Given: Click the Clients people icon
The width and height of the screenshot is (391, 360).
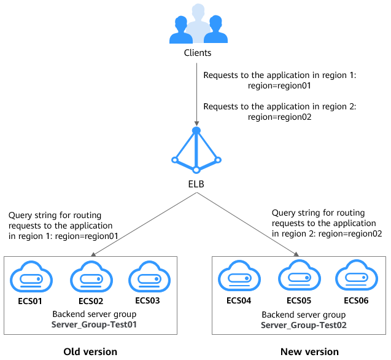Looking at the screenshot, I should [x=195, y=25].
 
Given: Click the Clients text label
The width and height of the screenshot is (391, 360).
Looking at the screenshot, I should [x=198, y=53].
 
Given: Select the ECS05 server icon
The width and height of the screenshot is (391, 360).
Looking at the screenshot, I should [x=299, y=277].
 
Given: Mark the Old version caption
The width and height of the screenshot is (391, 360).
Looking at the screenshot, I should [x=90, y=351].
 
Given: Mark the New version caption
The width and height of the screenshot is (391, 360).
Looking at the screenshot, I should [x=309, y=351].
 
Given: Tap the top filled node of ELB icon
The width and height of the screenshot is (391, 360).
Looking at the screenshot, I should [x=196, y=131].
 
